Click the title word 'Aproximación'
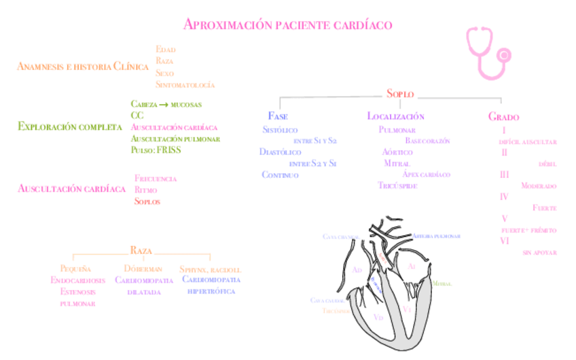[x=228, y=24]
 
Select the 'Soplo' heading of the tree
[x=400, y=94]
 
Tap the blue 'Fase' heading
[x=278, y=116]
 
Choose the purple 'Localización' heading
[x=395, y=116]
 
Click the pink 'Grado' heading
[x=503, y=116]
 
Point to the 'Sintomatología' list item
[x=185, y=85]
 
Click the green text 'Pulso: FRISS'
[x=156, y=150]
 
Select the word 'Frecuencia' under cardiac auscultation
[x=156, y=179]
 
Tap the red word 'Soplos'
[x=147, y=201]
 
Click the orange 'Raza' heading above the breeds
[x=141, y=251]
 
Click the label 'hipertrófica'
[x=211, y=291]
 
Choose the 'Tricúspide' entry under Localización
[x=397, y=185]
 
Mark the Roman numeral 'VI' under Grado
[x=505, y=240]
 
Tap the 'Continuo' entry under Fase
[x=280, y=175]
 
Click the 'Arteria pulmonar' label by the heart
[x=437, y=236]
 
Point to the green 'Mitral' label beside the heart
[x=442, y=283]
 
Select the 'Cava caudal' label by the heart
[x=327, y=300]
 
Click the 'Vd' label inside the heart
[x=378, y=317]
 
